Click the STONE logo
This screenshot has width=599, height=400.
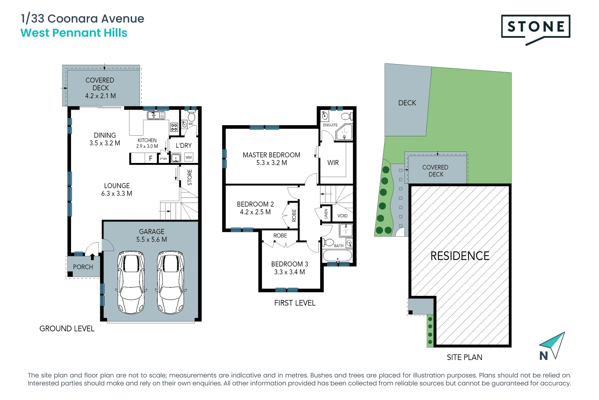click(x=535, y=27)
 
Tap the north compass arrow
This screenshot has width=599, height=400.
click(x=554, y=344)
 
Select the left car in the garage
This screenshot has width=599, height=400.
click(x=131, y=282)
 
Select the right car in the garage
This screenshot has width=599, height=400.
click(x=170, y=282)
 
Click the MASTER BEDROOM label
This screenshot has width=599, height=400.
click(x=271, y=155)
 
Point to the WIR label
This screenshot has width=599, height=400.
click(x=333, y=163)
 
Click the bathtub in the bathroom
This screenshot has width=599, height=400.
click(x=337, y=256)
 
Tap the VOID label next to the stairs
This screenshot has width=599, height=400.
click(x=342, y=216)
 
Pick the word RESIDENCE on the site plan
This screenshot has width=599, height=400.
click(x=460, y=256)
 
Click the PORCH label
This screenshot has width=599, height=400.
click(x=83, y=267)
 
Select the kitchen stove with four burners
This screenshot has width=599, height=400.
click(x=174, y=127)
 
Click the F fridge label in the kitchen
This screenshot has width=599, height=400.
click(x=150, y=158)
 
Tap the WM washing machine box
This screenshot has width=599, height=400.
click(x=189, y=157)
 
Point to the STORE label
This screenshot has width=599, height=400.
click(x=190, y=177)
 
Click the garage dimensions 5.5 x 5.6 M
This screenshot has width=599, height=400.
click(x=152, y=240)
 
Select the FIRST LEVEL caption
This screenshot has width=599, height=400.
click(x=295, y=303)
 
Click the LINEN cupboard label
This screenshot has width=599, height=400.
click(x=326, y=214)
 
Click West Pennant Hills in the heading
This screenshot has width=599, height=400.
click(x=74, y=33)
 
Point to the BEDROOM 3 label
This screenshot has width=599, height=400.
click(x=290, y=264)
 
